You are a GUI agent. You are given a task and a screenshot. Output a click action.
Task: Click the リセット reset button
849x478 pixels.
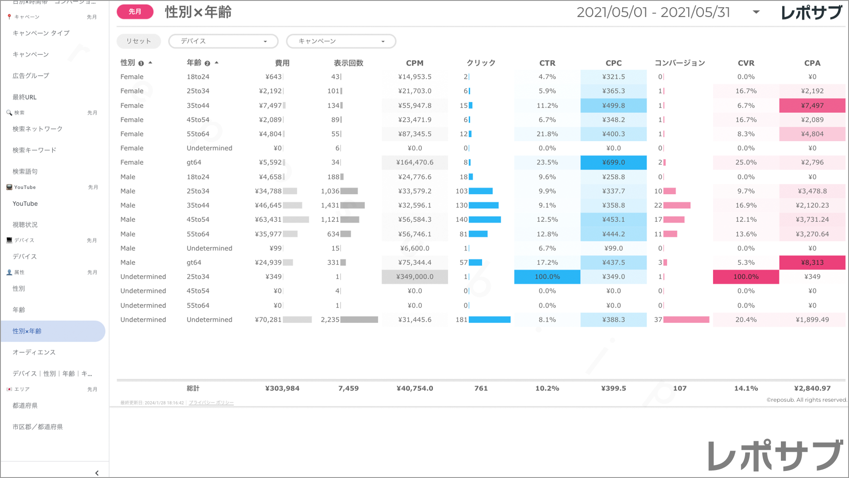[x=138, y=41]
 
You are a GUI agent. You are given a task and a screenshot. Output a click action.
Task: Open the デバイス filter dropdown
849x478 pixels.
[x=223, y=41]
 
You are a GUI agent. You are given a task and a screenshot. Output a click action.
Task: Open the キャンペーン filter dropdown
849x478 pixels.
[x=341, y=41]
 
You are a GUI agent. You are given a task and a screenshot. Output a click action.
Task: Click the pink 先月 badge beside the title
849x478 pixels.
[x=135, y=12]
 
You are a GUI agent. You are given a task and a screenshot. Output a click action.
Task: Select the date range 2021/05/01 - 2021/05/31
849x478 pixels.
[x=653, y=12]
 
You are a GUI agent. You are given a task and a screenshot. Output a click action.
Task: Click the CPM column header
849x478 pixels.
[x=414, y=63]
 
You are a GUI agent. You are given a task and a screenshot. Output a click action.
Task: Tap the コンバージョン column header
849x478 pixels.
[x=680, y=63]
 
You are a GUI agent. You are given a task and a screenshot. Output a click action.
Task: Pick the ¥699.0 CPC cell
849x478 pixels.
[x=613, y=162]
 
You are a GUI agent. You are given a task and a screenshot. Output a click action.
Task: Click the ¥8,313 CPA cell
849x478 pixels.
[x=812, y=262]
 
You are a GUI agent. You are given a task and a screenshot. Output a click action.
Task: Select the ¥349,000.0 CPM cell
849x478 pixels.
[x=414, y=277]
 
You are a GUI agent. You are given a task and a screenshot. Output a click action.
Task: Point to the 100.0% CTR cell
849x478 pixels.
[x=547, y=277]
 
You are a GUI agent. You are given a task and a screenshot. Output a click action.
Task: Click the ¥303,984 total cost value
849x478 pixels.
[x=282, y=388]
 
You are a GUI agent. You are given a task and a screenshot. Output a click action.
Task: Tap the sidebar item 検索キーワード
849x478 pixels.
[x=34, y=150]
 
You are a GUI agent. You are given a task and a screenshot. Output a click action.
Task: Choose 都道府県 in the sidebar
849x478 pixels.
[x=25, y=405]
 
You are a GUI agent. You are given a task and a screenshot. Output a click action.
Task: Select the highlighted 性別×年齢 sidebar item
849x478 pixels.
[x=27, y=331]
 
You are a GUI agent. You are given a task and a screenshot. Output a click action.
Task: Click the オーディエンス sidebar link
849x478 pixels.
[x=34, y=352]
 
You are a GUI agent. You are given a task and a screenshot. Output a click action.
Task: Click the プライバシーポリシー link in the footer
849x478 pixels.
[x=211, y=403]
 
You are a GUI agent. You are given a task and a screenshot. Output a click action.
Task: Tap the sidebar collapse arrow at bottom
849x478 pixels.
[x=97, y=473]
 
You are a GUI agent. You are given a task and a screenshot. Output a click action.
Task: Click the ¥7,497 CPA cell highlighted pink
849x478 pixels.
[x=812, y=105]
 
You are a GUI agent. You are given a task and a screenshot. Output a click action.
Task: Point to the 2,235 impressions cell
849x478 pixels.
[x=330, y=320]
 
